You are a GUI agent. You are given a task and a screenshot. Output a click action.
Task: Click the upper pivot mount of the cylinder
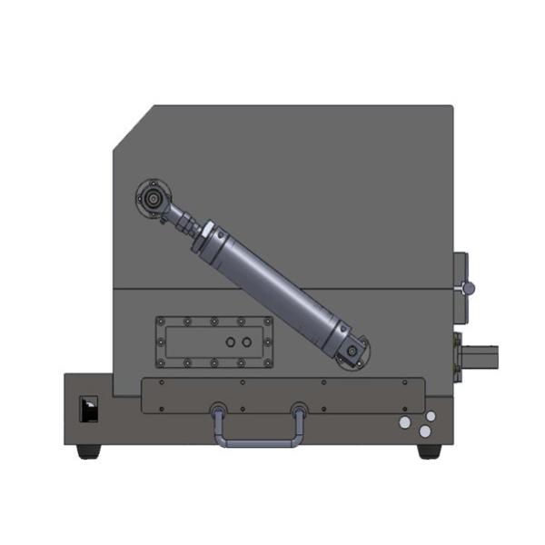[x=153, y=196]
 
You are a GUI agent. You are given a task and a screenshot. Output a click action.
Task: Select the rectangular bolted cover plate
[x=214, y=342]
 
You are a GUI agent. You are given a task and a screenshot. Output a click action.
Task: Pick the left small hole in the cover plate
[x=230, y=342]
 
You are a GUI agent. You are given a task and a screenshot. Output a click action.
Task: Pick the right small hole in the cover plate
[x=245, y=342]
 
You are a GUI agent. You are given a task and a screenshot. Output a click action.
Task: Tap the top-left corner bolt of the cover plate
[x=163, y=321]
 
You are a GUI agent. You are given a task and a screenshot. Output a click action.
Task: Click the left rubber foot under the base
[x=88, y=451]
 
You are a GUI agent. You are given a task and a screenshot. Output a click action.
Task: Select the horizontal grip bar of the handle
[x=260, y=443]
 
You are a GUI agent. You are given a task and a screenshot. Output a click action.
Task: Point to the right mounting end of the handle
[x=298, y=410]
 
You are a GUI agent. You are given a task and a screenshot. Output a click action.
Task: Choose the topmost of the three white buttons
[x=431, y=416]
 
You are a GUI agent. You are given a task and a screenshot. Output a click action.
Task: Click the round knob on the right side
[x=468, y=288]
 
